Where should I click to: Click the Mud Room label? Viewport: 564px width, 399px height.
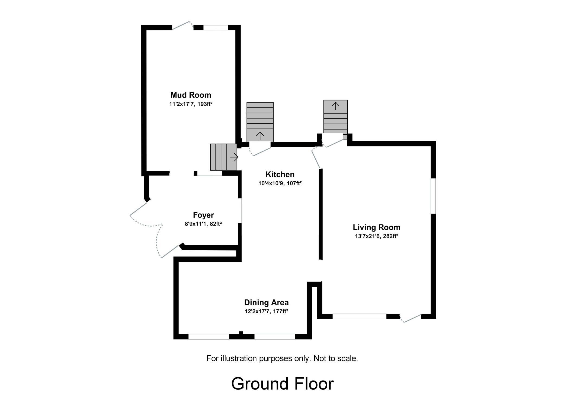point(191,95)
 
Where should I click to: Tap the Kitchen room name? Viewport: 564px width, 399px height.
point(280,174)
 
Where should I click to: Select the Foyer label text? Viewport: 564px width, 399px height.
point(203,215)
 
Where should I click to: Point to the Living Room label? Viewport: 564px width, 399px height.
point(376,227)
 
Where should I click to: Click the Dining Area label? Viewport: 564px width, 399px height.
point(266,302)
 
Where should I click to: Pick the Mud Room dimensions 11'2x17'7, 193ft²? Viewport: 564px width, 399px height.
point(191,104)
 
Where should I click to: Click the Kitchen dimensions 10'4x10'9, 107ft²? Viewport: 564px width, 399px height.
point(280,183)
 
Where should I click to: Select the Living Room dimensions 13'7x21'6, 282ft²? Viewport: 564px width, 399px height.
point(376,236)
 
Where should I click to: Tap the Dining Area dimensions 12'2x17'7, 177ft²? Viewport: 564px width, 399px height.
point(266,311)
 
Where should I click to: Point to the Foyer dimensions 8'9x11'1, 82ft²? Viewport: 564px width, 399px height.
point(203,224)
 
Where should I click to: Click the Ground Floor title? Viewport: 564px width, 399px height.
point(282,384)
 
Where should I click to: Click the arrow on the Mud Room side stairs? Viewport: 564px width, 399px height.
point(234,157)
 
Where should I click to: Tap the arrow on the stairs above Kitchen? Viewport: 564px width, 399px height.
point(260,136)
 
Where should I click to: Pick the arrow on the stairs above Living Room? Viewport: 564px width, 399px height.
point(335,106)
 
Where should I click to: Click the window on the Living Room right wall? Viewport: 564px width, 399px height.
point(433,196)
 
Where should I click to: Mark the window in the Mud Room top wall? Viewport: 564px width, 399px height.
point(216,28)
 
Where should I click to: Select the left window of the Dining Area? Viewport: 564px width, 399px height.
point(209,337)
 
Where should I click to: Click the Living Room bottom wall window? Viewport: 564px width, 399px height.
point(359,316)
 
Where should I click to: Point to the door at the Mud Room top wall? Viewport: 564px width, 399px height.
point(182,26)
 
